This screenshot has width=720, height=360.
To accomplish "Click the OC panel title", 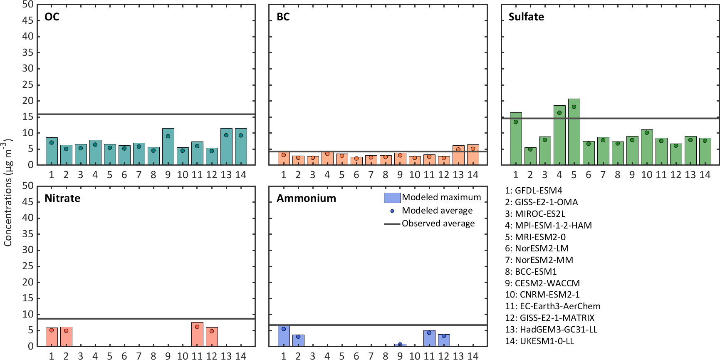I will tap(52, 17).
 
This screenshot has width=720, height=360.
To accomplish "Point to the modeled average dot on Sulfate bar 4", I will tap(559, 113).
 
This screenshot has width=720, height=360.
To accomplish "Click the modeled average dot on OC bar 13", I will tap(226, 135).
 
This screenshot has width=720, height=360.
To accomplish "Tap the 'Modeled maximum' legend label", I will tap(441, 197).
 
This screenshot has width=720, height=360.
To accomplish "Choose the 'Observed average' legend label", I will tap(438, 223).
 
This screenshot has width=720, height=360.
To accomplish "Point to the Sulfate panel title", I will tap(526, 17).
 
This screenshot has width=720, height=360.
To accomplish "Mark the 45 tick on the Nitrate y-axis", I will tap(28, 202).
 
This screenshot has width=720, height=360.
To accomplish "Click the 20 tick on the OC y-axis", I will tap(28, 101).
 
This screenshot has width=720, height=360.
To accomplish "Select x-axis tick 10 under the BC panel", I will tap(415, 175).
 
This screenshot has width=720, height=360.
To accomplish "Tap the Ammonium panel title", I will tap(307, 199).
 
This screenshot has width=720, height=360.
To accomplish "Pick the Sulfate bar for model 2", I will tap(530, 156).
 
